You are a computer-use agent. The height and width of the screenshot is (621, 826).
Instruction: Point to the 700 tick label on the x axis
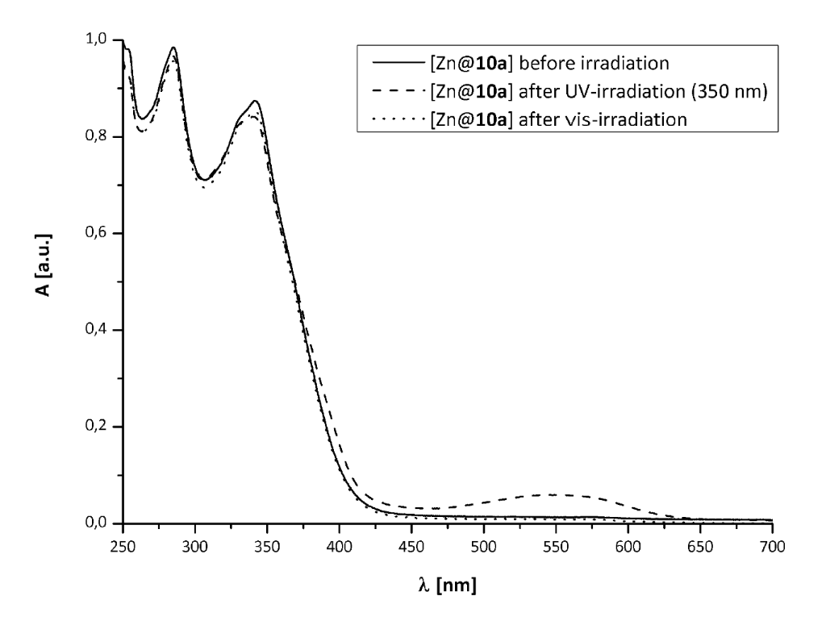[772, 545]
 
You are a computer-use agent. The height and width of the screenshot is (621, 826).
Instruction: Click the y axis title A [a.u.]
[39, 281]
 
